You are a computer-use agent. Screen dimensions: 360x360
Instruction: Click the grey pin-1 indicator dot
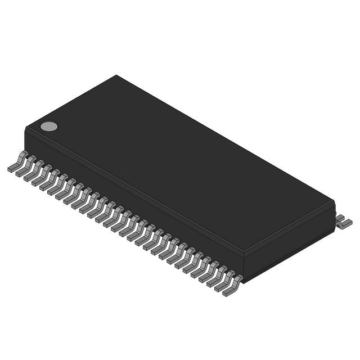[49, 126]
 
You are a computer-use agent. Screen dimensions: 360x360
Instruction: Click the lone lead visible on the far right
[343, 222]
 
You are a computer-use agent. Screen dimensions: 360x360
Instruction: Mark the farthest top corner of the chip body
[116, 75]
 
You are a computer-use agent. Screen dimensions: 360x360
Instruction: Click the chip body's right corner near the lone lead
[335, 202]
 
